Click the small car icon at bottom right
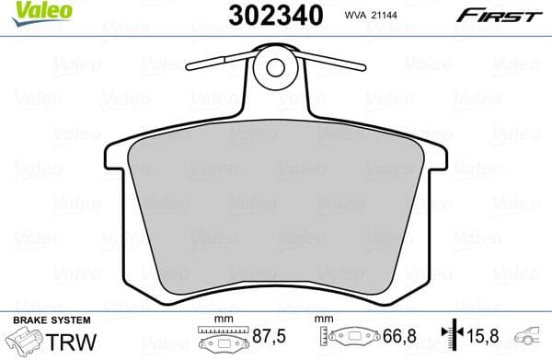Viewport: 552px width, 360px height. tap(532, 337)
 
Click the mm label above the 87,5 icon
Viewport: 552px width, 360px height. tap(218, 319)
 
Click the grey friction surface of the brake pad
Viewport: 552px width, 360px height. tap(276, 212)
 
